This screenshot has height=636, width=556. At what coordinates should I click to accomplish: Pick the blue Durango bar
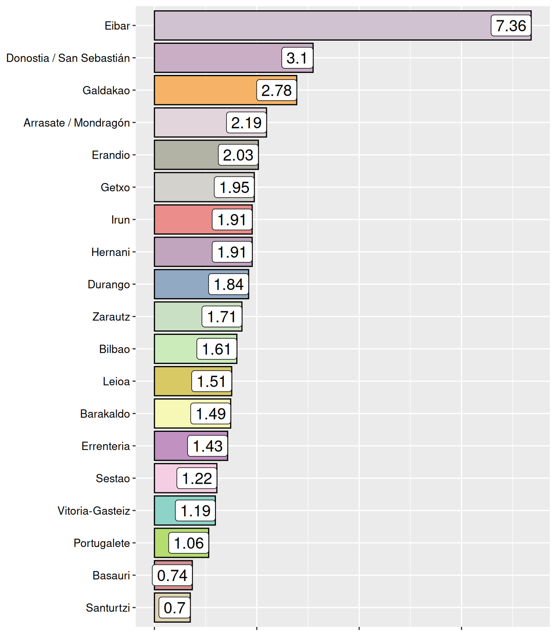click(x=181, y=284)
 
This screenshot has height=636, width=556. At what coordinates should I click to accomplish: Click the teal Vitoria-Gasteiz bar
click(x=165, y=511)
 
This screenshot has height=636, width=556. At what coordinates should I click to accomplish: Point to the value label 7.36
click(x=511, y=26)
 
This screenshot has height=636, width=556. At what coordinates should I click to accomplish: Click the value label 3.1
click(x=297, y=58)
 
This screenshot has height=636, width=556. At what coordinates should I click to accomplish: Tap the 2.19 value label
click(x=246, y=123)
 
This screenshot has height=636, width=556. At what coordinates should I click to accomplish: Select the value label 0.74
click(x=172, y=575)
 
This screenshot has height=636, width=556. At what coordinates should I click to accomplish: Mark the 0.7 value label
click(x=175, y=607)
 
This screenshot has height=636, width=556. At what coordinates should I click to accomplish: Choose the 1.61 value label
click(x=216, y=349)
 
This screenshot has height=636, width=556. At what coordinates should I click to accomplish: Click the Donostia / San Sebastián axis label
click(x=68, y=58)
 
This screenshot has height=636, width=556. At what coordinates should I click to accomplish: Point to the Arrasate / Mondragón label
click(x=77, y=123)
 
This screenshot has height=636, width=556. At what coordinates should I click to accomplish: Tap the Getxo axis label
click(x=115, y=187)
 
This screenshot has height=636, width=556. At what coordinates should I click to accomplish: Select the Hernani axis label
click(x=111, y=252)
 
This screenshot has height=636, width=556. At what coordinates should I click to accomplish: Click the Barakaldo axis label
click(x=105, y=414)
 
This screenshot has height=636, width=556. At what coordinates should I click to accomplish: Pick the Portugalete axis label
click(x=102, y=543)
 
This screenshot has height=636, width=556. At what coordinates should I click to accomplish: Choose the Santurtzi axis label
click(x=108, y=607)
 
